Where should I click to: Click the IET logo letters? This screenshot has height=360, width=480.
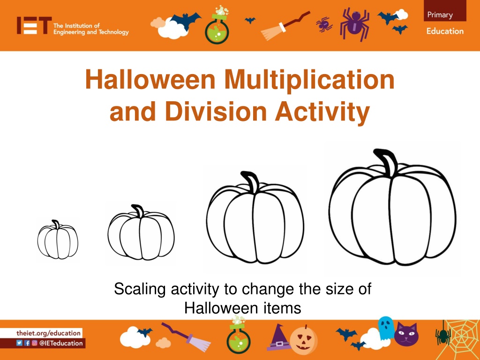pos(34,25)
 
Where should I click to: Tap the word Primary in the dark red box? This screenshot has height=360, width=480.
pos(440,15)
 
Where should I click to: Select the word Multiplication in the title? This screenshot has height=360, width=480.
pos(309,80)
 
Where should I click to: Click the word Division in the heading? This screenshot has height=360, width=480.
pos(216,111)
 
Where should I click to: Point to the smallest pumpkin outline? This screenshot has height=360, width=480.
pos(58,240)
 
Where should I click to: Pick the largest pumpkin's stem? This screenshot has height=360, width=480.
pos(387,162)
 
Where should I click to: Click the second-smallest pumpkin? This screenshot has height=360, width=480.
pos(141,232)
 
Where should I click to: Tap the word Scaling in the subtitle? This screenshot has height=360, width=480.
pos(140,289)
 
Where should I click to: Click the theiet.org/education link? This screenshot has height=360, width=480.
pos(48,333)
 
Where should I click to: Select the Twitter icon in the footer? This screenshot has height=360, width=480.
pos(19,343)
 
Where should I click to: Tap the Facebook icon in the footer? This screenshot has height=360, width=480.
pos(27,343)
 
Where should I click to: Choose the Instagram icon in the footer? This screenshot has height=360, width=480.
pos(35,343)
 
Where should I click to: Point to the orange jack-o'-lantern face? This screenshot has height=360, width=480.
pos(303,340)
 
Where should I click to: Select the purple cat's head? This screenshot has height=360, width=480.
pos(406,334)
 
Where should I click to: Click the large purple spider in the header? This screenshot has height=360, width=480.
pos(355,23)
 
